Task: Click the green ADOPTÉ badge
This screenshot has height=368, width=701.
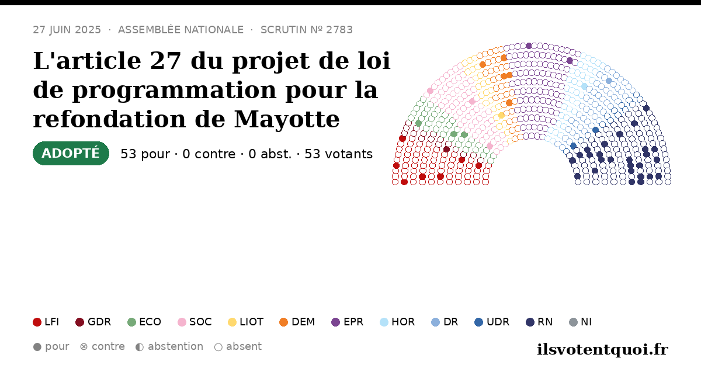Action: pyautogui.click(x=71, y=153)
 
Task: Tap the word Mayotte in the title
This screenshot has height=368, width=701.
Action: pyautogui.click(x=287, y=120)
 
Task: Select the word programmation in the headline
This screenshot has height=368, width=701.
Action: pyautogui.click(x=174, y=91)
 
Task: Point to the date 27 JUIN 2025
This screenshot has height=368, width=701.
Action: pyautogui.click(x=67, y=30)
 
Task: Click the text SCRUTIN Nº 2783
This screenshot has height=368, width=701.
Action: pyautogui.click(x=307, y=30)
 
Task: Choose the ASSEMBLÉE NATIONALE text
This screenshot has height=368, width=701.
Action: pyautogui.click(x=181, y=30)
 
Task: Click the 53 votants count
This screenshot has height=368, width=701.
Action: pyautogui.click(x=339, y=154)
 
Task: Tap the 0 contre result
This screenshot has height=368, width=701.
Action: pyautogui.click(x=209, y=154)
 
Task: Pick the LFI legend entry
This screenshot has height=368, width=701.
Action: pyautogui.click(x=46, y=322)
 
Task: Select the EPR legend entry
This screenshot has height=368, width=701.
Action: pyautogui.click(x=348, y=322)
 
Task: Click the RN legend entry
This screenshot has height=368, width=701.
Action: pyautogui.click(x=539, y=322)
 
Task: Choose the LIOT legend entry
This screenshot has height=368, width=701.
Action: pyautogui.click(x=246, y=322)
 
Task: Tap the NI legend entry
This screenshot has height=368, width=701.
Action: pyautogui.click(x=581, y=322)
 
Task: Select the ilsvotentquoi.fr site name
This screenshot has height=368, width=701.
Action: pyautogui.click(x=603, y=349)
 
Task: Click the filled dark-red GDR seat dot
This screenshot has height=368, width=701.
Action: pyautogui.click(x=446, y=150)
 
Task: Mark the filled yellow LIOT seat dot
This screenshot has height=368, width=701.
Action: pyautogui.click(x=501, y=116)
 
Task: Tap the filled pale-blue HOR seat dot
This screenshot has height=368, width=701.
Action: pyautogui.click(x=584, y=86)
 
